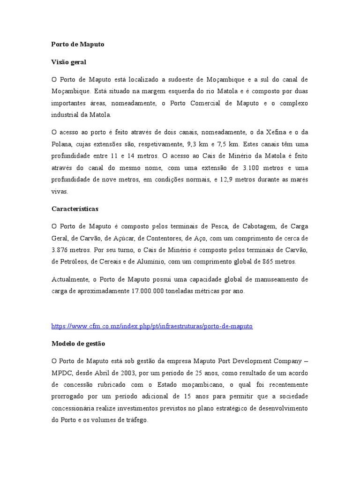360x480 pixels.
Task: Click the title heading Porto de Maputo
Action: coord(78,44)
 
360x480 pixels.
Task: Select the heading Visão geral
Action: coord(68,62)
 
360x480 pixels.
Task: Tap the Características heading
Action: coord(75,209)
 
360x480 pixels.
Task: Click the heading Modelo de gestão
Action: coord(78,344)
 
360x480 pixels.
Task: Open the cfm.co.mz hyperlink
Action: coord(152,326)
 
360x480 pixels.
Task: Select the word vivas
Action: coord(60,191)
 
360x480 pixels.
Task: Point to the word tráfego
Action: coord(135,420)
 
